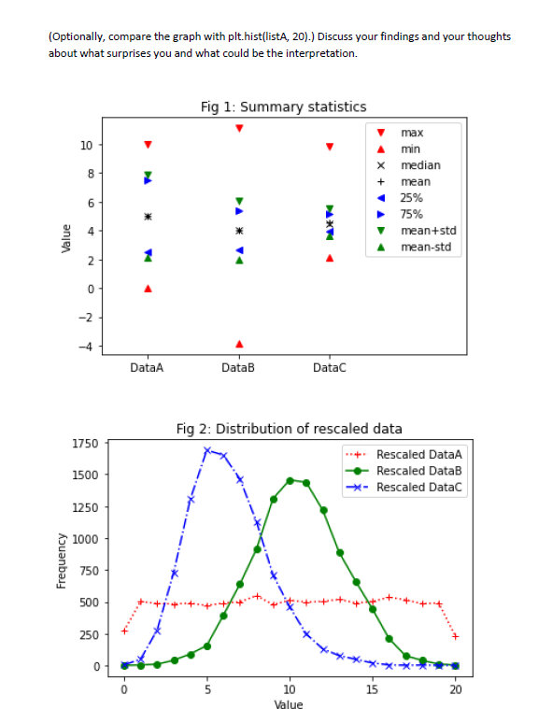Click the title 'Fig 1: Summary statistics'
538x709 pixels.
point(283,107)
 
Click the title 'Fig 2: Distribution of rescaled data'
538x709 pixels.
point(289,429)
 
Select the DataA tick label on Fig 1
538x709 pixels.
point(148,368)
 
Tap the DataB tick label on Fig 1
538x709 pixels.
point(239,368)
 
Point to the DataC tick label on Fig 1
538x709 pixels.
point(330,368)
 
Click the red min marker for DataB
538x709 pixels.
point(239,344)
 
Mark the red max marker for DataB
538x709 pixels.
point(239,128)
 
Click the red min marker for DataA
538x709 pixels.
point(148,289)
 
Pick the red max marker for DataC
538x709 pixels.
point(330,147)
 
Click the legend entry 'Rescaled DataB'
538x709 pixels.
point(418,471)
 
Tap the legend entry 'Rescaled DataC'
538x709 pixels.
point(418,487)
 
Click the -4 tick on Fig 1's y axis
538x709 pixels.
point(85,347)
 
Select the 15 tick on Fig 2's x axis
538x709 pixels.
point(373,689)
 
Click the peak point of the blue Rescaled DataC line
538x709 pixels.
point(207,450)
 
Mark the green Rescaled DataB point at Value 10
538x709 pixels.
point(290,480)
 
